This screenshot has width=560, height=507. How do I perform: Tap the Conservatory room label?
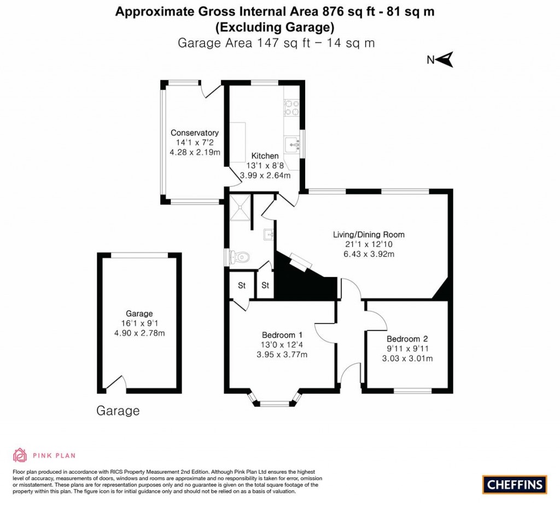(x=195, y=133)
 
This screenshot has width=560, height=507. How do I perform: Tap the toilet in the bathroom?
(x=241, y=256)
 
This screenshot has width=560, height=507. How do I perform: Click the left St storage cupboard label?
(x=241, y=285)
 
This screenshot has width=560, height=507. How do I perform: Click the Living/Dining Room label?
(x=369, y=234)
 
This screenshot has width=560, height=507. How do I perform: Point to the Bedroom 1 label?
(x=282, y=335)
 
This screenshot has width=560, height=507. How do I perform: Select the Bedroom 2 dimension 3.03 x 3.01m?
(x=407, y=358)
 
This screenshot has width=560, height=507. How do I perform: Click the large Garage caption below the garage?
(x=118, y=411)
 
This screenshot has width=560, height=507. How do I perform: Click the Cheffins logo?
(x=515, y=484)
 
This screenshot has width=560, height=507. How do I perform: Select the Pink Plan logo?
(x=44, y=455)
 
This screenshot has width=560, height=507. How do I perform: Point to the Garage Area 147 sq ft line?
(x=276, y=43)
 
